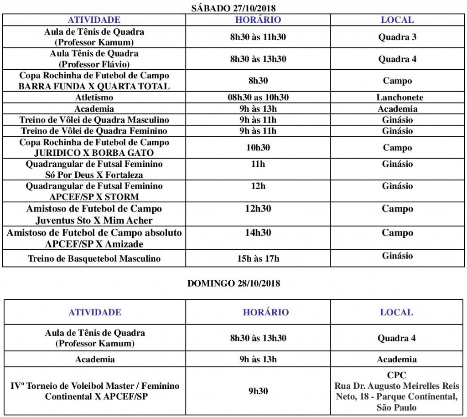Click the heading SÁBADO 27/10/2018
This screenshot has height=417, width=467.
click(x=233, y=7)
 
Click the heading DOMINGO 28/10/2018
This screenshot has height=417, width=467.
click(x=233, y=283)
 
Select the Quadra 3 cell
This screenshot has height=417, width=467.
click(x=397, y=37)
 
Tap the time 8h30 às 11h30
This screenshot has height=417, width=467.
click(x=258, y=37)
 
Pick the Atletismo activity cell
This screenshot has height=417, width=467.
click(x=94, y=98)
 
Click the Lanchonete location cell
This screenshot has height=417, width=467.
click(x=400, y=98)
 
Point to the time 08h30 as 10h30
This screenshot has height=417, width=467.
click(x=258, y=98)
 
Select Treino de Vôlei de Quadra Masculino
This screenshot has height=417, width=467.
click(x=94, y=120)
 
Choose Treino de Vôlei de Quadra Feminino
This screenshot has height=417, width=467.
click(x=94, y=131)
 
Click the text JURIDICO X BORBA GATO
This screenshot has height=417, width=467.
click(x=94, y=153)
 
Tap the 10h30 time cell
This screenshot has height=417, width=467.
click(x=258, y=148)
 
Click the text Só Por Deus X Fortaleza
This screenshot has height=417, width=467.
click(x=94, y=175)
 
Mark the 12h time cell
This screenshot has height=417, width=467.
click(x=258, y=186)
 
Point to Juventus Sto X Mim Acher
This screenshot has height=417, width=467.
click(x=94, y=220)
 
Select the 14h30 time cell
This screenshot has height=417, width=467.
click(x=258, y=232)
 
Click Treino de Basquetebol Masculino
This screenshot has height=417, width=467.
click(x=94, y=258)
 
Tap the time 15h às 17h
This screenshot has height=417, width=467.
click(x=258, y=258)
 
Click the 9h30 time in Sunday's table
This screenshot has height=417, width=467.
click(x=258, y=391)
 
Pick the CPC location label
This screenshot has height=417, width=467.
click(x=396, y=376)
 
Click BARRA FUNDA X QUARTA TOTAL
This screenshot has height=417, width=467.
click(x=94, y=86)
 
